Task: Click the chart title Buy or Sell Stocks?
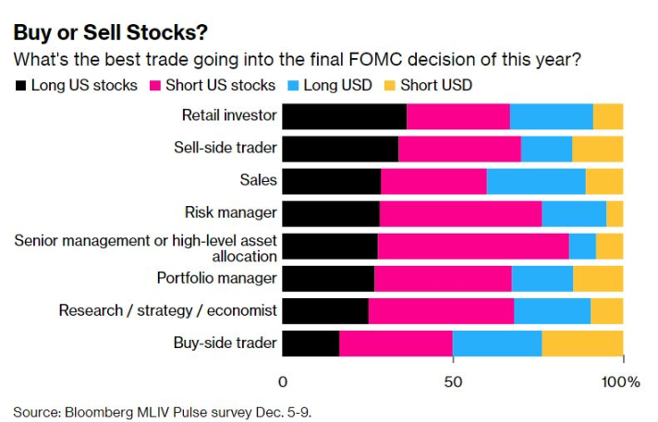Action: (111, 32)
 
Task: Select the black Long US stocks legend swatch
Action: (20, 85)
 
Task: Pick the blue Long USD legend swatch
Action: (292, 85)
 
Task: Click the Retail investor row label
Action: (229, 116)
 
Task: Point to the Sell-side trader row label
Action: (225, 149)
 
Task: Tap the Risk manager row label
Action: (231, 212)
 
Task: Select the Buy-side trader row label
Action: (225, 343)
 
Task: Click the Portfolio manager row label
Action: (217, 278)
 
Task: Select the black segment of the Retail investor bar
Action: (344, 116)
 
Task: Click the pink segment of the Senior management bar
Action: (473, 246)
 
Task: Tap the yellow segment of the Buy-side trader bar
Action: (582, 343)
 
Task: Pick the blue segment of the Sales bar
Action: (536, 181)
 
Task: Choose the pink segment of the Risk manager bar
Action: (460, 213)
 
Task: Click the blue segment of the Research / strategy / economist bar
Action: (552, 310)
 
